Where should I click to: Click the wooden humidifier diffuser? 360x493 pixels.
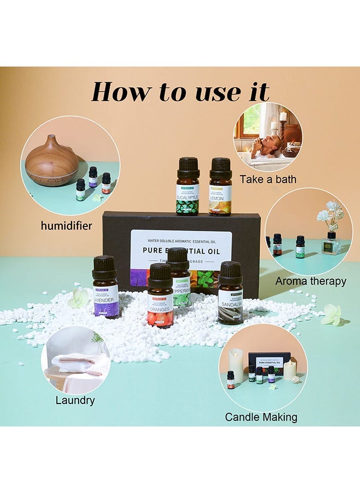point(52,161)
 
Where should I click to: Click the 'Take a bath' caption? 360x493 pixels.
point(268,179)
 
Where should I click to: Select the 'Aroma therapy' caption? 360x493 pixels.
point(310,281)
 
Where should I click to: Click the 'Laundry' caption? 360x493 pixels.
point(75,400)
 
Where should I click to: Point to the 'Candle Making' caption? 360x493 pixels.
point(261,417)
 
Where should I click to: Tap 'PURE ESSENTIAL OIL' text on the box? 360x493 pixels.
point(182,251)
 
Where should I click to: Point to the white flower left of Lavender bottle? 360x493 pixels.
point(80,298)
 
